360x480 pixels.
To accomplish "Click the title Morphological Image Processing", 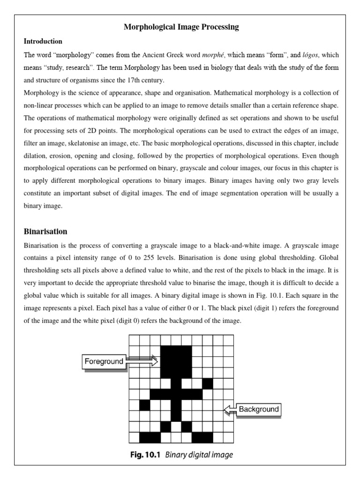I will (x=181, y=27).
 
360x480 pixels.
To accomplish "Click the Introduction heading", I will (x=43, y=41).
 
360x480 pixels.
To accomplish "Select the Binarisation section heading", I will (x=45, y=232).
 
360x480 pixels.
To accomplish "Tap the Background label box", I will (x=258, y=409).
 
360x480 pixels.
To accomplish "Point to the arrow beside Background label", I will (x=229, y=410).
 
